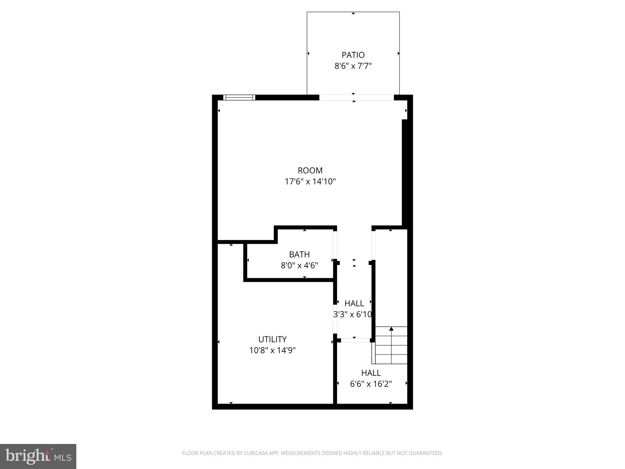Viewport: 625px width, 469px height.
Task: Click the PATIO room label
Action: pos(353,55)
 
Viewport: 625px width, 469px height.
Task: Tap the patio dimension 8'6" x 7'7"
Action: pos(353,66)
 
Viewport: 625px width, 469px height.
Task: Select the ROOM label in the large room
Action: pos(310,170)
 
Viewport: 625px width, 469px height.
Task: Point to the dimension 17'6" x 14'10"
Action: pos(310,182)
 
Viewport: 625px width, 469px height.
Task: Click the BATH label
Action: pos(299,254)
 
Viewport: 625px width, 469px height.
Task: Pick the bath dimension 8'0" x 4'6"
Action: pos(299,265)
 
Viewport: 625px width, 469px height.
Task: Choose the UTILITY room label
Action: pos(273,339)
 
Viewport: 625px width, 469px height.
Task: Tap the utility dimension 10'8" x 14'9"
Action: pos(273,350)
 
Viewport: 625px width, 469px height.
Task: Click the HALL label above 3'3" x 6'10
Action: pos(354,303)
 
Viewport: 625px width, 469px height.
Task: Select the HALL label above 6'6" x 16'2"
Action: pos(371,373)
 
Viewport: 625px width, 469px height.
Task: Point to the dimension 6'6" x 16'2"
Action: pos(371,384)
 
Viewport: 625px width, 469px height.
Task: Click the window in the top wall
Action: pos(239,97)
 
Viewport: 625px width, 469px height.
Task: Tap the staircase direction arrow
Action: pos(391,329)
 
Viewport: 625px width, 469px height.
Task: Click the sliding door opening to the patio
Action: pos(356,97)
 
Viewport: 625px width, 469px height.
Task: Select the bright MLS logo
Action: pos(38,456)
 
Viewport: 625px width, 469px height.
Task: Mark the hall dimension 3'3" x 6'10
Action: pos(352,314)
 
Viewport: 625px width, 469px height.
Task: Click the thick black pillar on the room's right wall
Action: pos(405,173)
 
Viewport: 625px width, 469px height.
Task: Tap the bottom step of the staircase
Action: pos(391,359)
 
